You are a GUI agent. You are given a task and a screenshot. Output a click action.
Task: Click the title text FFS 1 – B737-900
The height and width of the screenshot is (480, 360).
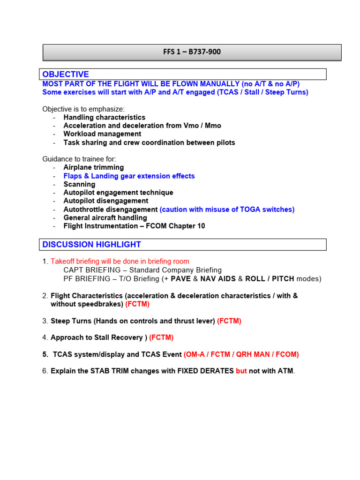pos(192,52)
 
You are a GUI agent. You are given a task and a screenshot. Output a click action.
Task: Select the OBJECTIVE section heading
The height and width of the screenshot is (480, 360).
pos(65,75)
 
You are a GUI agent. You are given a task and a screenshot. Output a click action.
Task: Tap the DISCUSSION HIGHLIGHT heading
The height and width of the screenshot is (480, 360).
pos(91,244)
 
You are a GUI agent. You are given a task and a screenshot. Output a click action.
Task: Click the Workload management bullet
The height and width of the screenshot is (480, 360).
pos(102,134)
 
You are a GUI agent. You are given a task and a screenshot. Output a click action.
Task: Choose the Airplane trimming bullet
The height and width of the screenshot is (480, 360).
pos(94,167)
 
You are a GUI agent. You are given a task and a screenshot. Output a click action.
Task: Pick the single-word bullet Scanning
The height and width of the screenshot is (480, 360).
pos(79,184)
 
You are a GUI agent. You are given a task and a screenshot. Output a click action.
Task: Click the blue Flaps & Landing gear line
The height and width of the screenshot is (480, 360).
pos(129,176)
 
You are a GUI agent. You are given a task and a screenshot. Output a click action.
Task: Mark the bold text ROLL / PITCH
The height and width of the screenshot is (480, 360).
pos(270,278)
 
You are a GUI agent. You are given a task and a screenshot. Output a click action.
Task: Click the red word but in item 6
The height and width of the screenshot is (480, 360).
pos(241,371)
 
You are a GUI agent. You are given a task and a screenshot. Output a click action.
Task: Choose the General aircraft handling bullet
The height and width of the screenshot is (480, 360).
pos(105,217)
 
